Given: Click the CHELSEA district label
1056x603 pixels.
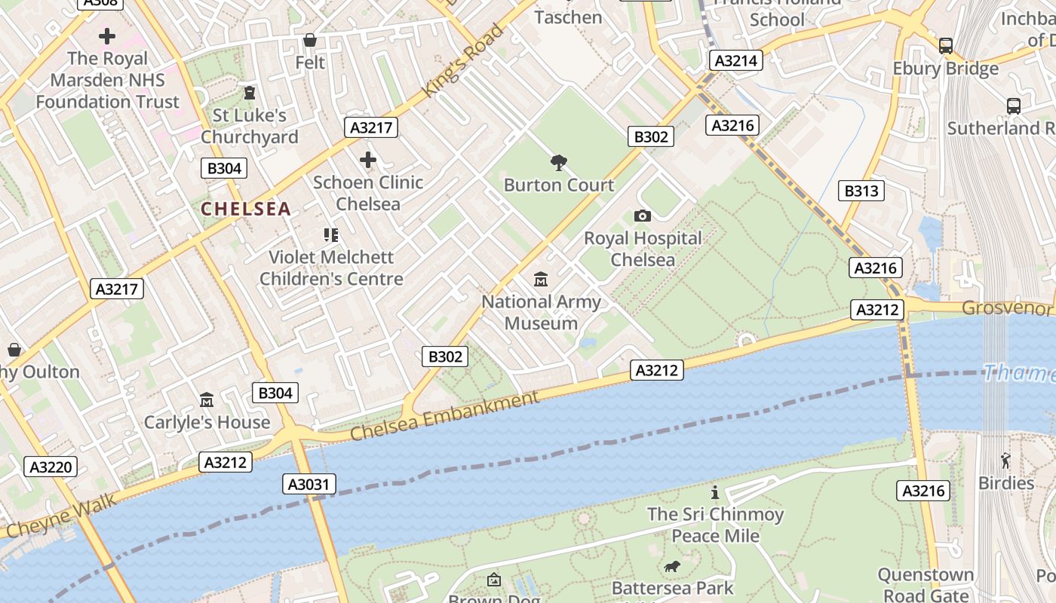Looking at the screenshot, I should [x=246, y=209].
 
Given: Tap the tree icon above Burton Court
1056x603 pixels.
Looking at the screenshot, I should [x=559, y=162].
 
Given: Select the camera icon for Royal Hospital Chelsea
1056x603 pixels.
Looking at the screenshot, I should [x=643, y=216].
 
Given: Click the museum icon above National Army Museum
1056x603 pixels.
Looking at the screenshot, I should [x=541, y=280].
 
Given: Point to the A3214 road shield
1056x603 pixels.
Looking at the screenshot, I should [x=735, y=60].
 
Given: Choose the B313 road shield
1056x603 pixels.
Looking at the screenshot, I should [x=861, y=191].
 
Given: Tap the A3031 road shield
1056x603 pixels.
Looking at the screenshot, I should [x=310, y=484].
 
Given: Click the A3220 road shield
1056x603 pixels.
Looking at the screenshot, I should [x=51, y=467].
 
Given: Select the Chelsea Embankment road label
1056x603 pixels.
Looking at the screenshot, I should [x=446, y=416].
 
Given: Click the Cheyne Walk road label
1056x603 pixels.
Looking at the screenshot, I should [x=60, y=516].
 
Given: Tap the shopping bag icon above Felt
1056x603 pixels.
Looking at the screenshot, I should [x=309, y=40].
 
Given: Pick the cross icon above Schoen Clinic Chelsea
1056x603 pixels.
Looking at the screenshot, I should [x=368, y=160].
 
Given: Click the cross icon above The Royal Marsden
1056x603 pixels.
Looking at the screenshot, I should [x=107, y=35].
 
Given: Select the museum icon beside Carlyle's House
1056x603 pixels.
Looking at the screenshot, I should [x=207, y=399].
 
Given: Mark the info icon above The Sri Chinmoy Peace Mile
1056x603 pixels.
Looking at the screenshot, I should [x=715, y=492].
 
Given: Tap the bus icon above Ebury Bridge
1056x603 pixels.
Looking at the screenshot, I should [x=946, y=46].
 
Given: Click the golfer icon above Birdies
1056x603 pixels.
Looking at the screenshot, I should [x=1005, y=460].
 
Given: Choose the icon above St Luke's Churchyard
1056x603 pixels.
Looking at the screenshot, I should [x=249, y=93].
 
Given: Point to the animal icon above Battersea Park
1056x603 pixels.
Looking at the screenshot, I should [x=672, y=566].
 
